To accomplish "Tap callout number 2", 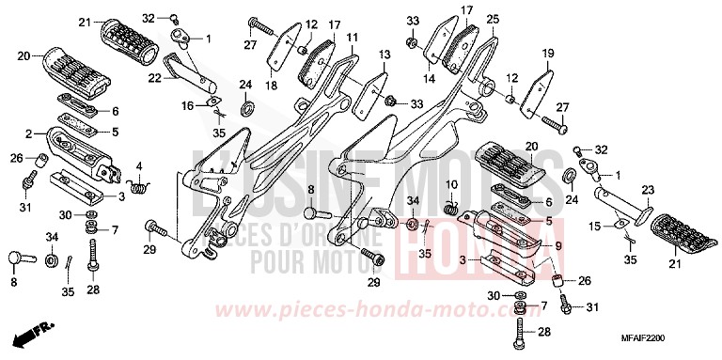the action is [x=30, y=133].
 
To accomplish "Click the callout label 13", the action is [x=385, y=56].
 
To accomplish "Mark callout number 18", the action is [x=271, y=86].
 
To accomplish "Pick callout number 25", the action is [x=494, y=18].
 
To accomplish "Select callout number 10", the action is [x=451, y=184].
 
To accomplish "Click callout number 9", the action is [x=557, y=247].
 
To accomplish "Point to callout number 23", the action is [x=648, y=190].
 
